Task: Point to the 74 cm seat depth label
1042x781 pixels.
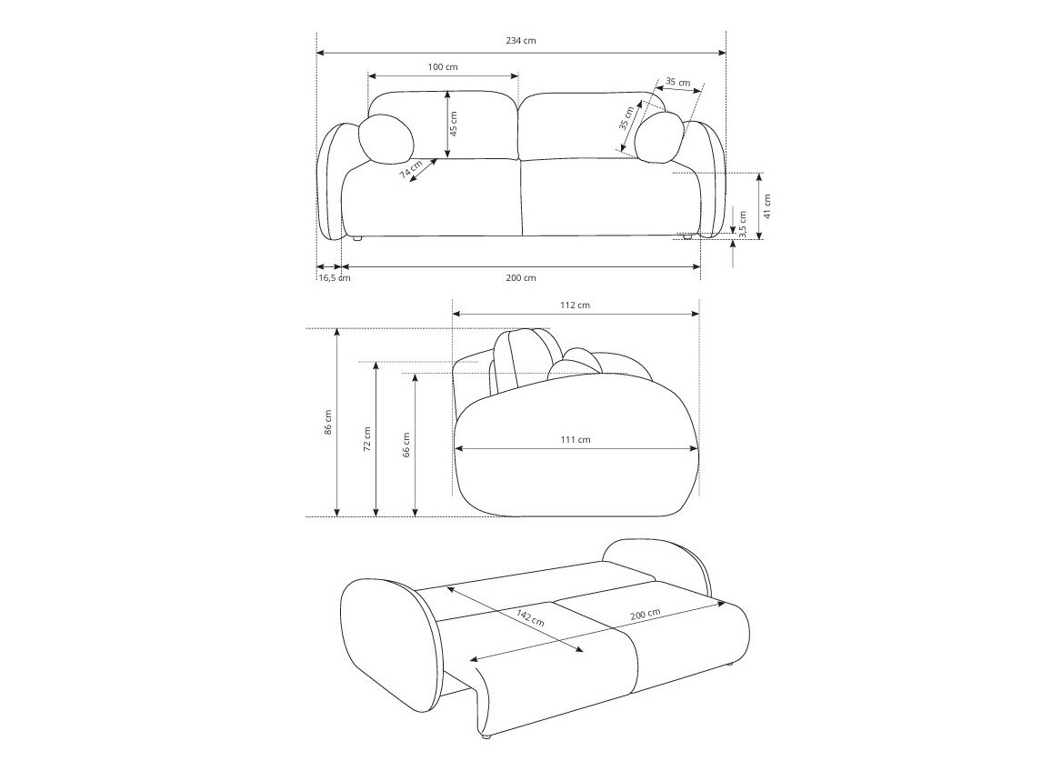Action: [x=411, y=169]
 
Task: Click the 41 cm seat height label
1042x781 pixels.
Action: [x=766, y=205]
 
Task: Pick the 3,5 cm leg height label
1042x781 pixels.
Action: [x=742, y=225]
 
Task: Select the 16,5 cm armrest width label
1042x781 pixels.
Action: [x=333, y=278]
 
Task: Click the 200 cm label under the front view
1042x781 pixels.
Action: [x=522, y=278]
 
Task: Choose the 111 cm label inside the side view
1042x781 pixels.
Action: [x=576, y=440]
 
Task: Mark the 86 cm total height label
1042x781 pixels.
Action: [x=328, y=423]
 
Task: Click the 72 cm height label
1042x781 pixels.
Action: [x=367, y=439]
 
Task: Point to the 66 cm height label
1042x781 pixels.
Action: [x=406, y=444]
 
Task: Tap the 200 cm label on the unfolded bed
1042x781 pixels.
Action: [x=645, y=618]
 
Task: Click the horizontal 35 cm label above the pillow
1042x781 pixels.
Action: [x=677, y=82]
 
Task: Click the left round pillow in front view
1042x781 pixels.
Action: [x=386, y=138]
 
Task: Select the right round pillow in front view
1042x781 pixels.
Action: [x=659, y=137]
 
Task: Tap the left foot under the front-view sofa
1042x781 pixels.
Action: [x=357, y=239]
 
